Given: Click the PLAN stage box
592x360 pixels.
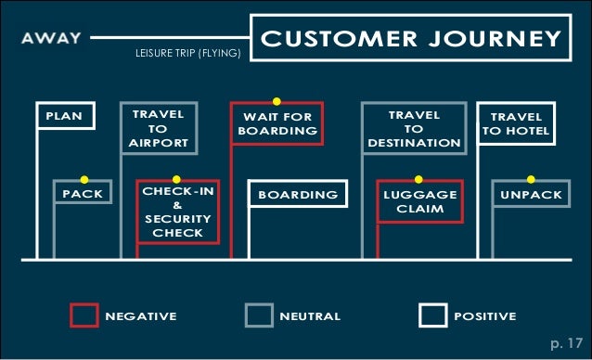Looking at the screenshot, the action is click(x=64, y=117).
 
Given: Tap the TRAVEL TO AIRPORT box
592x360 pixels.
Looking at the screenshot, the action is click(x=158, y=129).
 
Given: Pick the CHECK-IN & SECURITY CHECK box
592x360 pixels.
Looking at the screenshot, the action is click(x=178, y=212).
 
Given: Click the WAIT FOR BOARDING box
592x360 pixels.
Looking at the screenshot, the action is click(x=277, y=124).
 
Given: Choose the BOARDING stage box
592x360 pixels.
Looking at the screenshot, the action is click(x=297, y=195).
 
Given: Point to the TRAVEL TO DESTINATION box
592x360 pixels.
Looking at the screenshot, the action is click(x=414, y=129).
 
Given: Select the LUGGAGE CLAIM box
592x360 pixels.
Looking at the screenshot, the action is click(x=420, y=202).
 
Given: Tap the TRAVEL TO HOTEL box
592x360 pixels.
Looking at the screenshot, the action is click(x=517, y=124).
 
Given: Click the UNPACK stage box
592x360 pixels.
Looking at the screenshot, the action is click(x=531, y=195).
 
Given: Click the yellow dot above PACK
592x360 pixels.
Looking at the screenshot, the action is click(x=84, y=179).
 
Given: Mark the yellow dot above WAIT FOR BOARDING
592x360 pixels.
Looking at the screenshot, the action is click(x=277, y=100).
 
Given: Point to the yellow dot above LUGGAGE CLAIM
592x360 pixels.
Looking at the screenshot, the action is click(x=418, y=179).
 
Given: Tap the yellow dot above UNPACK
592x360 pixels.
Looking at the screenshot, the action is click(x=531, y=179).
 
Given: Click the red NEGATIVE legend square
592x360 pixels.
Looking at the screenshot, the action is click(x=84, y=315).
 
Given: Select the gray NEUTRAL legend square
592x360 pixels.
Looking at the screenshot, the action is click(x=258, y=315).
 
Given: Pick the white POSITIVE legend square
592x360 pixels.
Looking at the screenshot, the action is click(x=432, y=315).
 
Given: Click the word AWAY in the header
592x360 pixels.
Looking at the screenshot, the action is click(x=51, y=40).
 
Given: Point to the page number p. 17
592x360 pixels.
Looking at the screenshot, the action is click(x=566, y=343).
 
